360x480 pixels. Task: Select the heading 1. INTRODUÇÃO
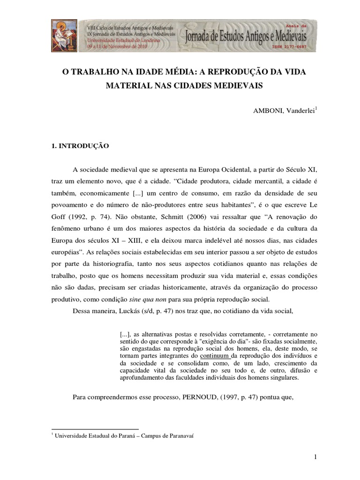(x=80, y=146)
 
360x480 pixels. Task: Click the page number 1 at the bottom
(x=316, y=457)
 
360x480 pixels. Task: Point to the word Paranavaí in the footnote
(x=179, y=435)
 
